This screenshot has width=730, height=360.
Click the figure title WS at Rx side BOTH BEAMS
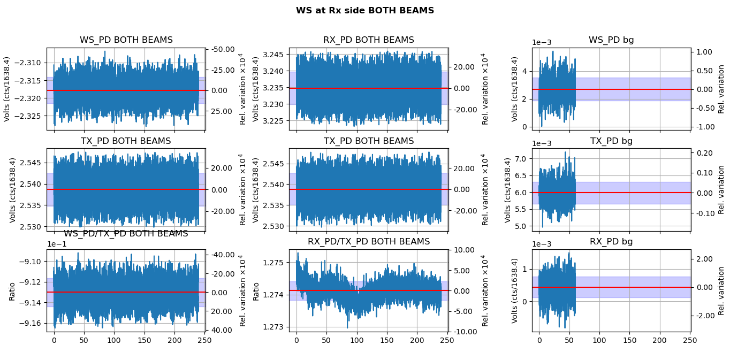point(364,11)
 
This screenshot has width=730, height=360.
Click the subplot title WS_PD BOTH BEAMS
point(126,40)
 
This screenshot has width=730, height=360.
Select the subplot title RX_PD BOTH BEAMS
point(368,40)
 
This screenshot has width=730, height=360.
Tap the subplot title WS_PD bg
point(611,40)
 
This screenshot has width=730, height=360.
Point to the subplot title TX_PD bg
point(611,141)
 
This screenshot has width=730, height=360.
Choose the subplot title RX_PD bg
point(611,242)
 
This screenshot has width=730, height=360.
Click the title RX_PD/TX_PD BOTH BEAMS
point(368,242)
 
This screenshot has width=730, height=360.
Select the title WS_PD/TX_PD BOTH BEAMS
point(126,234)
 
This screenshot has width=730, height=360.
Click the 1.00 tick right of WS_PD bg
point(706,52)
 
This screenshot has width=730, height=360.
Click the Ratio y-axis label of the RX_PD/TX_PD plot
point(256,291)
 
